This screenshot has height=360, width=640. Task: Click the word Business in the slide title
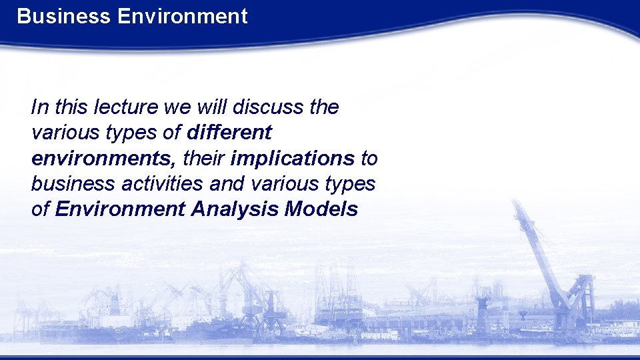(64, 16)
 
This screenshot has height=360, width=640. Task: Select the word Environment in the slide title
(182, 16)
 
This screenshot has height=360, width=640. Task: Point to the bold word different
(229, 133)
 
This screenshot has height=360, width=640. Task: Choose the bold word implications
(292, 159)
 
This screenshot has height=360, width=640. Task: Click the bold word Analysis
(235, 209)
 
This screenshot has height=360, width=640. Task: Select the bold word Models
(321, 209)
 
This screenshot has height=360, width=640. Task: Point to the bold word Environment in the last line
(120, 209)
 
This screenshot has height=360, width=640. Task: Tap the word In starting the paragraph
(38, 107)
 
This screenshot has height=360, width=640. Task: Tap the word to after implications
(369, 159)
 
